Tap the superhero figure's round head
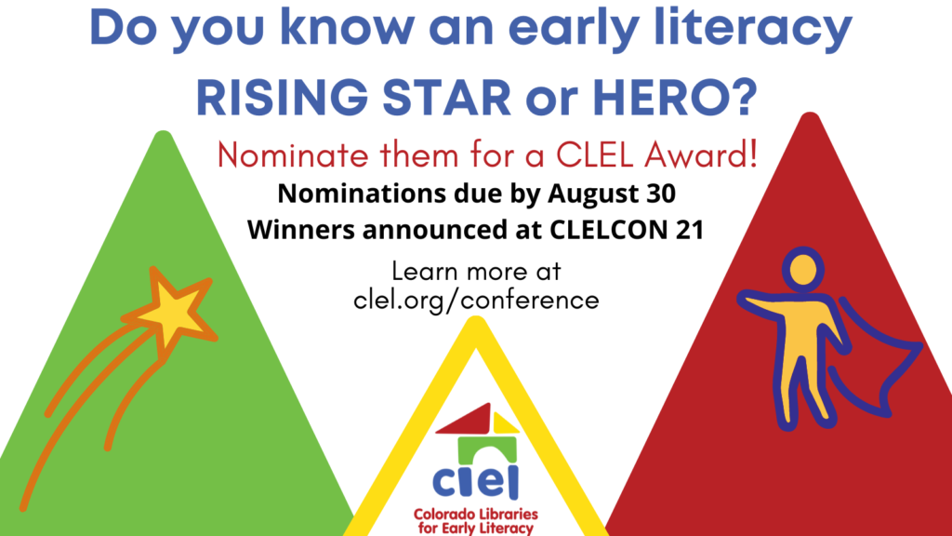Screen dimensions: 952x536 coord(802,269)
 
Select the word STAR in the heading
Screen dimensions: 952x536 coord(447,97)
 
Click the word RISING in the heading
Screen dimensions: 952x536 coord(283,97)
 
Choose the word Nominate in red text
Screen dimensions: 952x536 coord(293,155)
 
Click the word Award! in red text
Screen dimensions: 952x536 coord(701,155)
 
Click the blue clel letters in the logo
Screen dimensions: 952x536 coord(476,481)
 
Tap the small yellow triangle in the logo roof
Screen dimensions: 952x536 coord(505,423)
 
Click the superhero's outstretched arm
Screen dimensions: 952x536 coord(766,305)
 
